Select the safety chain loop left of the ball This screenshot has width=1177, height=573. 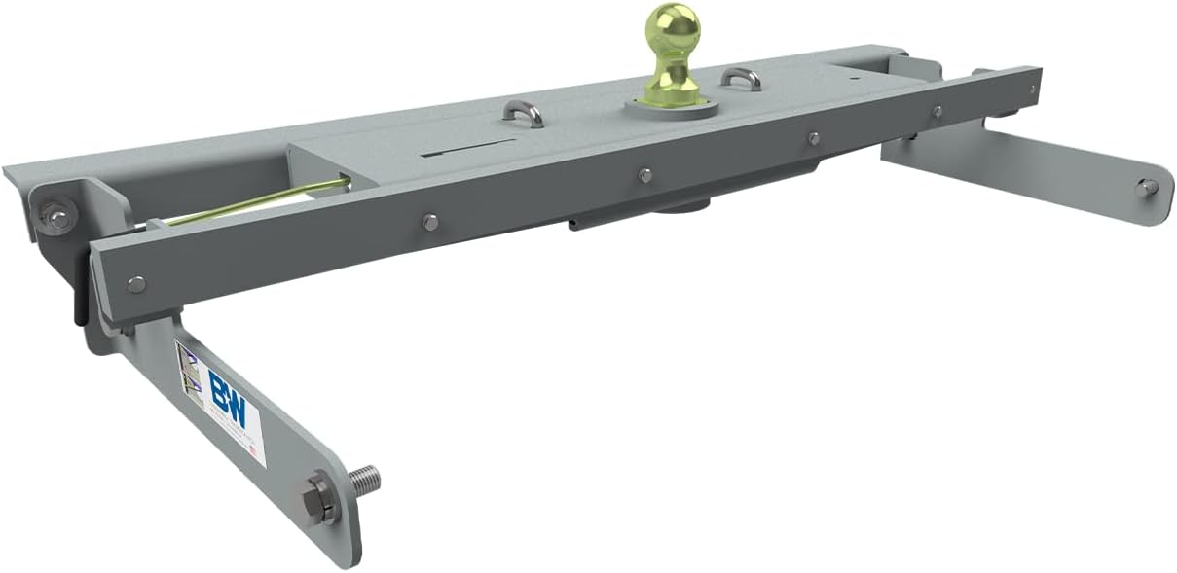click(523, 114)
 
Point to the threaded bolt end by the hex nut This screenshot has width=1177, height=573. click(364, 479)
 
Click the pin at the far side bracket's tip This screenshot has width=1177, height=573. click(1148, 188)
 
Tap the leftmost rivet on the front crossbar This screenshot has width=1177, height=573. click(135, 284)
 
